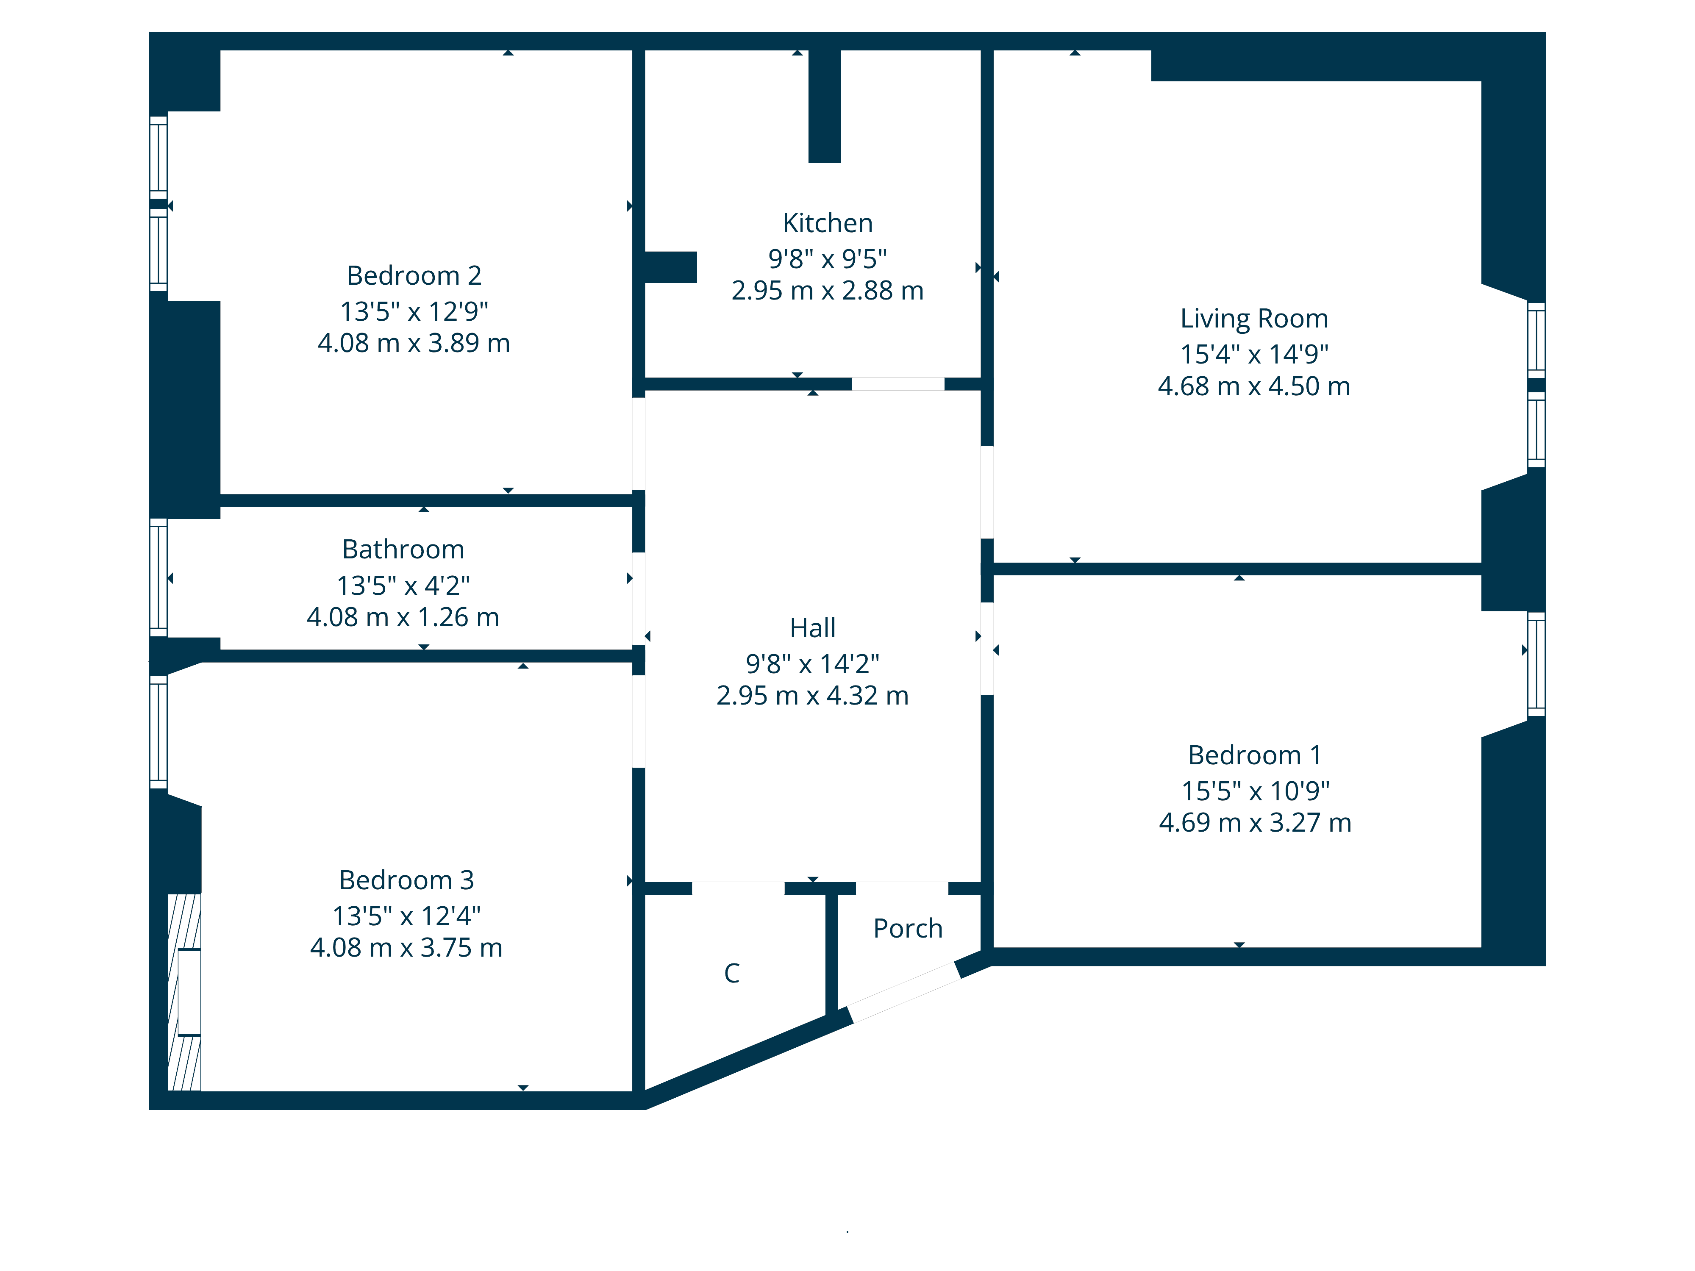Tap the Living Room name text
pyautogui.click(x=1253, y=318)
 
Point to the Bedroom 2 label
pyautogui.click(x=414, y=275)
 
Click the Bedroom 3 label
pyautogui.click(x=406, y=880)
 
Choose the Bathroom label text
pyautogui.click(x=403, y=549)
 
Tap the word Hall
pyautogui.click(x=812, y=627)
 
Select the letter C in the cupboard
pyautogui.click(x=732, y=973)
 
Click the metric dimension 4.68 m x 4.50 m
pyautogui.click(x=1253, y=386)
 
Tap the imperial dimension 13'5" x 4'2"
pyautogui.click(x=403, y=586)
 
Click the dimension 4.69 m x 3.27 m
pyautogui.click(x=1254, y=822)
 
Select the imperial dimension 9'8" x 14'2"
pyautogui.click(x=812, y=663)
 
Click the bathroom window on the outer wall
pyautogui.click(x=158, y=577)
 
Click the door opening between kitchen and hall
pyautogui.click(x=898, y=384)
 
